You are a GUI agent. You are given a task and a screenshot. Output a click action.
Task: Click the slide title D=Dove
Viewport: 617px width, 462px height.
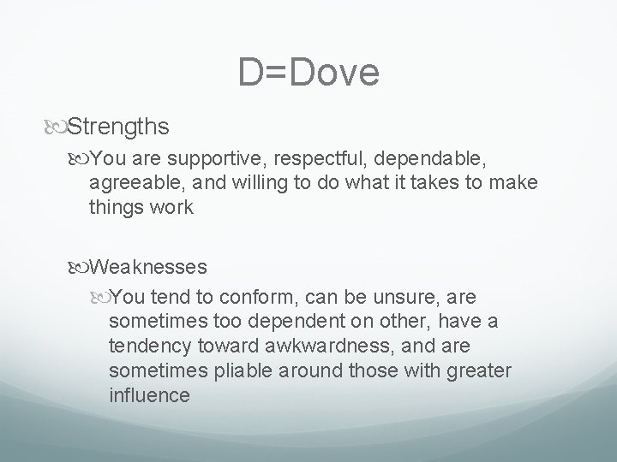[308, 73]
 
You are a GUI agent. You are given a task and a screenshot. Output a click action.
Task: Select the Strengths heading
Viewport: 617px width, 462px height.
[117, 127]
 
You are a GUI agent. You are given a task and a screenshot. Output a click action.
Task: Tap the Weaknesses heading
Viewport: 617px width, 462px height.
[147, 266]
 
